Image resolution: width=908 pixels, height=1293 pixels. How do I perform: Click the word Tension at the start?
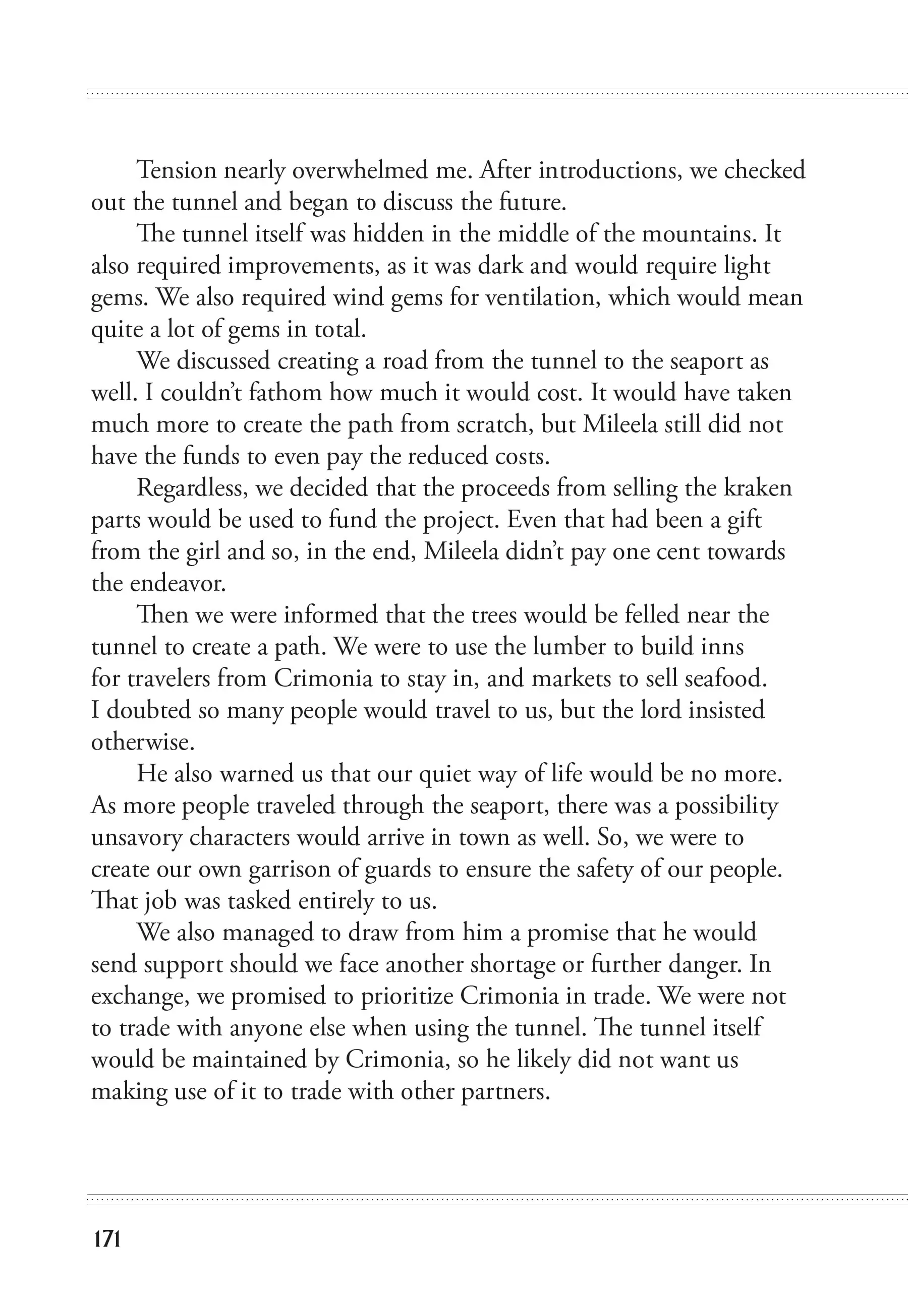coord(177,170)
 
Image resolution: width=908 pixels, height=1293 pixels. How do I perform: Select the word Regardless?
coord(192,487)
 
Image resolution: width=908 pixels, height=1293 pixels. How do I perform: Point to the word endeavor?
coord(178,583)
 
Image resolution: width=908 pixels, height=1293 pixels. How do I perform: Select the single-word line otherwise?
coord(143,742)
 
